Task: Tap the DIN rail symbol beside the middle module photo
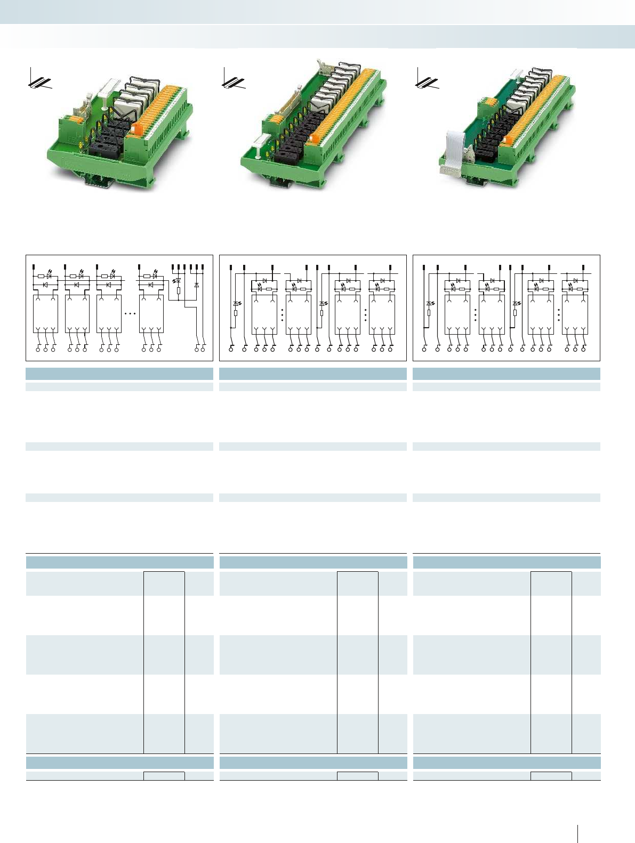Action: (x=233, y=80)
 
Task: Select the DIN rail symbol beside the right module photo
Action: (x=427, y=80)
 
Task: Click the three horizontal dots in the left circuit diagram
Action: (x=130, y=314)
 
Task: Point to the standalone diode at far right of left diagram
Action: (x=197, y=285)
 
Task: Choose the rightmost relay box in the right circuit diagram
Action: (x=575, y=315)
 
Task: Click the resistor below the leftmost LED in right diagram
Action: (x=429, y=313)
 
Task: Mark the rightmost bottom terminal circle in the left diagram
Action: (x=203, y=349)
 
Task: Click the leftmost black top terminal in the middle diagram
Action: (x=230, y=266)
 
